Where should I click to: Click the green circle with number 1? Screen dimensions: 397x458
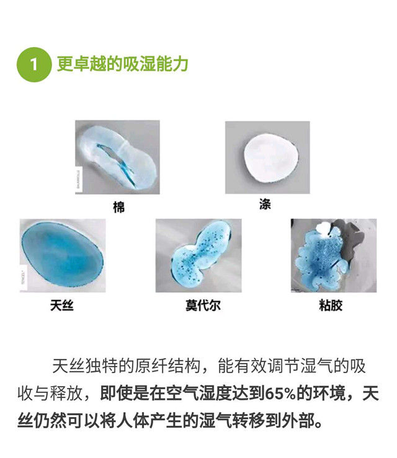tap(34, 64)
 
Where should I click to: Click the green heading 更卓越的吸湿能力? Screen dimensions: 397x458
tap(122, 64)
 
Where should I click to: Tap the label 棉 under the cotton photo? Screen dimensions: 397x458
tap(118, 207)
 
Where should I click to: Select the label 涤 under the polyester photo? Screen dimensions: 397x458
tap(265, 204)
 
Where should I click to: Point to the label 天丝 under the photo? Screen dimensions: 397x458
tap(61, 306)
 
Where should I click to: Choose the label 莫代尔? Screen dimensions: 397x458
tap(203, 306)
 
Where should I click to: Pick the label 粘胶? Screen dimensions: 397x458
tap(331, 306)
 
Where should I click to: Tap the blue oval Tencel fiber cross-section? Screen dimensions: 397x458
tap(63, 254)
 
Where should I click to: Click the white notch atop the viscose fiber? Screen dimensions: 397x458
tap(324, 229)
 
